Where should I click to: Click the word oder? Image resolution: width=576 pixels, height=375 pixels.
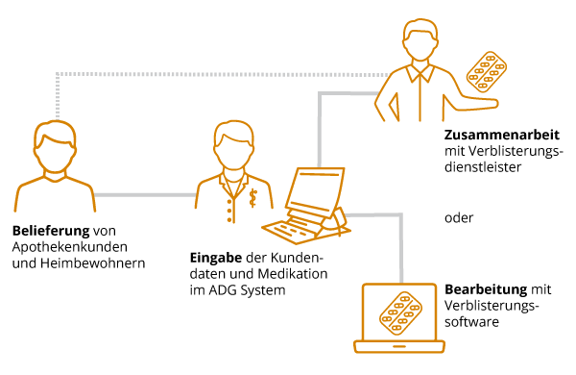pyautogui.click(x=459, y=216)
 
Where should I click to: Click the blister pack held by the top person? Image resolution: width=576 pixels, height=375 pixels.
pyautogui.click(x=488, y=73)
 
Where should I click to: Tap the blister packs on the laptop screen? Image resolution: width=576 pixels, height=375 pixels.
pyautogui.click(x=404, y=312)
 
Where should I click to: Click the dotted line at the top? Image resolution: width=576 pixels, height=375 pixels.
pyautogui.click(x=221, y=73)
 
